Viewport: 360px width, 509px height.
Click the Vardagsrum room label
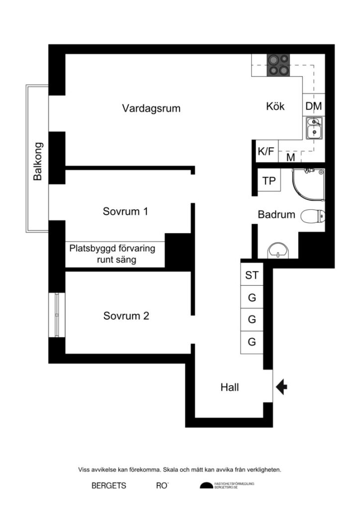151,108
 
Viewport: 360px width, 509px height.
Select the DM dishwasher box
313,106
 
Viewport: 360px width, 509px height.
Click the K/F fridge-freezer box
266,152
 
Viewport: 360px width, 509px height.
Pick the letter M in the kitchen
291,158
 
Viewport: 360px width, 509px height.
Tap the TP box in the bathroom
269,181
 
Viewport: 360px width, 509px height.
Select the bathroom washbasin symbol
277,251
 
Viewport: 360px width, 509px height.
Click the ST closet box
252,276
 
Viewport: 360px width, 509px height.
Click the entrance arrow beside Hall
281,387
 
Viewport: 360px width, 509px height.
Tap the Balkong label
38,162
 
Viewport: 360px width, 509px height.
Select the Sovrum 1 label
125,211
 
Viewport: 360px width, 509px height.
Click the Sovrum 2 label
126,316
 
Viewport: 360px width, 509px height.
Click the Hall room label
229,387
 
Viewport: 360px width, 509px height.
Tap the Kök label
275,106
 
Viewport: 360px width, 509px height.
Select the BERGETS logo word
108,486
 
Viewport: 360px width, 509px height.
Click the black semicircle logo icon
206,486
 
